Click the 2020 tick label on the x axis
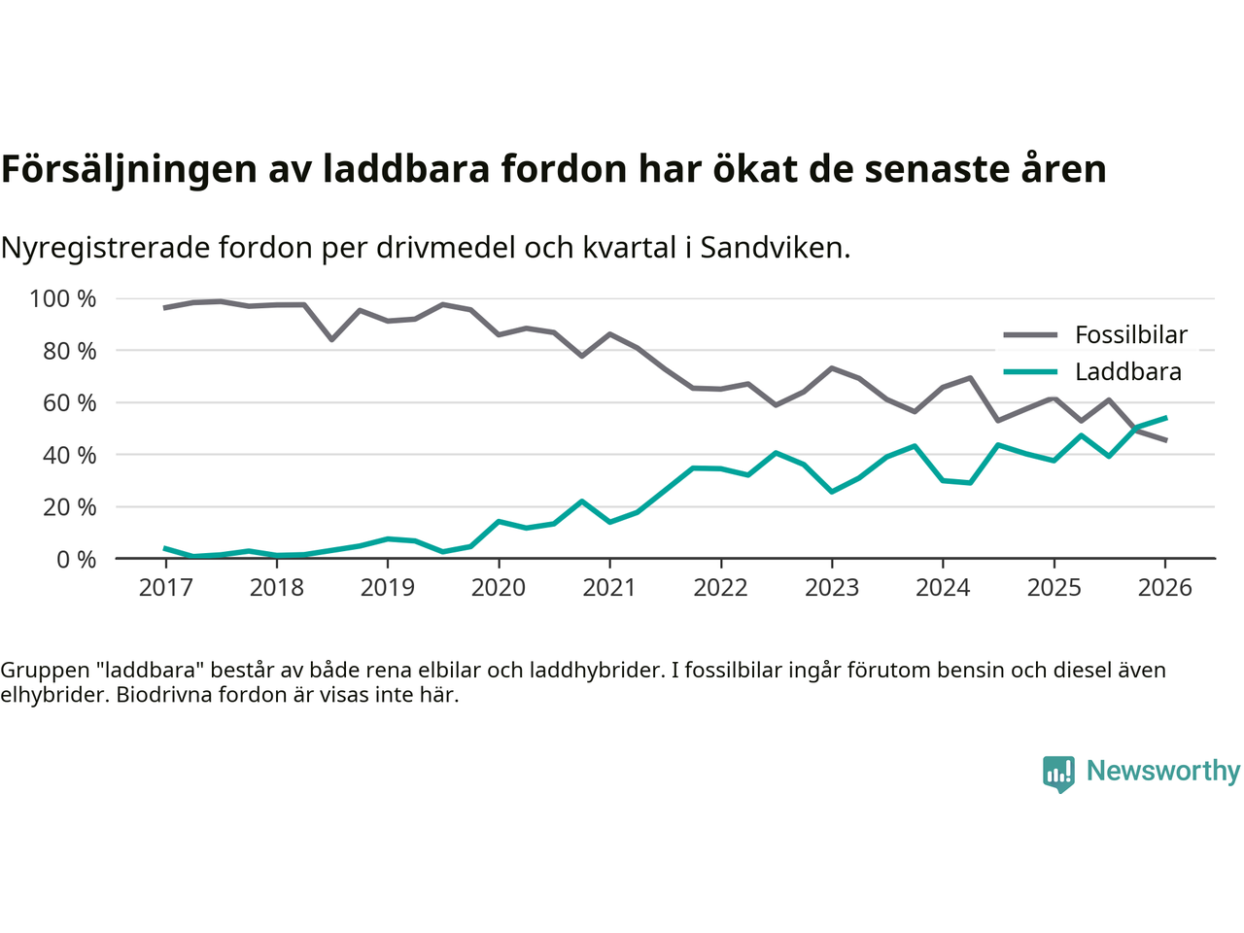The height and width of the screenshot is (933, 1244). point(499,587)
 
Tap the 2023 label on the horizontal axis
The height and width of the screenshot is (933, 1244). point(832,587)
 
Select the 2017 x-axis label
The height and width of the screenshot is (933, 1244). point(165,587)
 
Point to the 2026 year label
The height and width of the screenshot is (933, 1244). point(1165,587)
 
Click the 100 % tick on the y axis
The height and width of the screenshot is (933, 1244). point(63,298)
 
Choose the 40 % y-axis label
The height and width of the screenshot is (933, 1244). point(69,455)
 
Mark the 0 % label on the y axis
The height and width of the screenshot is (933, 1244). point(76,559)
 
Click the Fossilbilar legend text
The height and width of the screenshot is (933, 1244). point(1131,335)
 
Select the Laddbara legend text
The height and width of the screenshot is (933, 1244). point(1128,372)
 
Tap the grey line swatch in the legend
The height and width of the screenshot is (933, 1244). point(1030,335)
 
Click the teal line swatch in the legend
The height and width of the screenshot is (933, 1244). point(1030,372)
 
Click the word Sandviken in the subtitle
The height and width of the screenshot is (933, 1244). point(775,248)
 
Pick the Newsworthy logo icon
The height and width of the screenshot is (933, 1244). point(1058,774)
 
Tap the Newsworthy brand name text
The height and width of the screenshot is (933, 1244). point(1163,772)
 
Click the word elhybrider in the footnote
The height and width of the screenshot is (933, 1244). point(48,695)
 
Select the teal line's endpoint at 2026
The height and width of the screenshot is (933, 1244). point(1165,418)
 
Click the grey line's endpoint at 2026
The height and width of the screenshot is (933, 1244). point(1165,440)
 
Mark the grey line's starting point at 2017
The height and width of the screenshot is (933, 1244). point(165,307)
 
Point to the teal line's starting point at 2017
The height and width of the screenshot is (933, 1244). point(165,548)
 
